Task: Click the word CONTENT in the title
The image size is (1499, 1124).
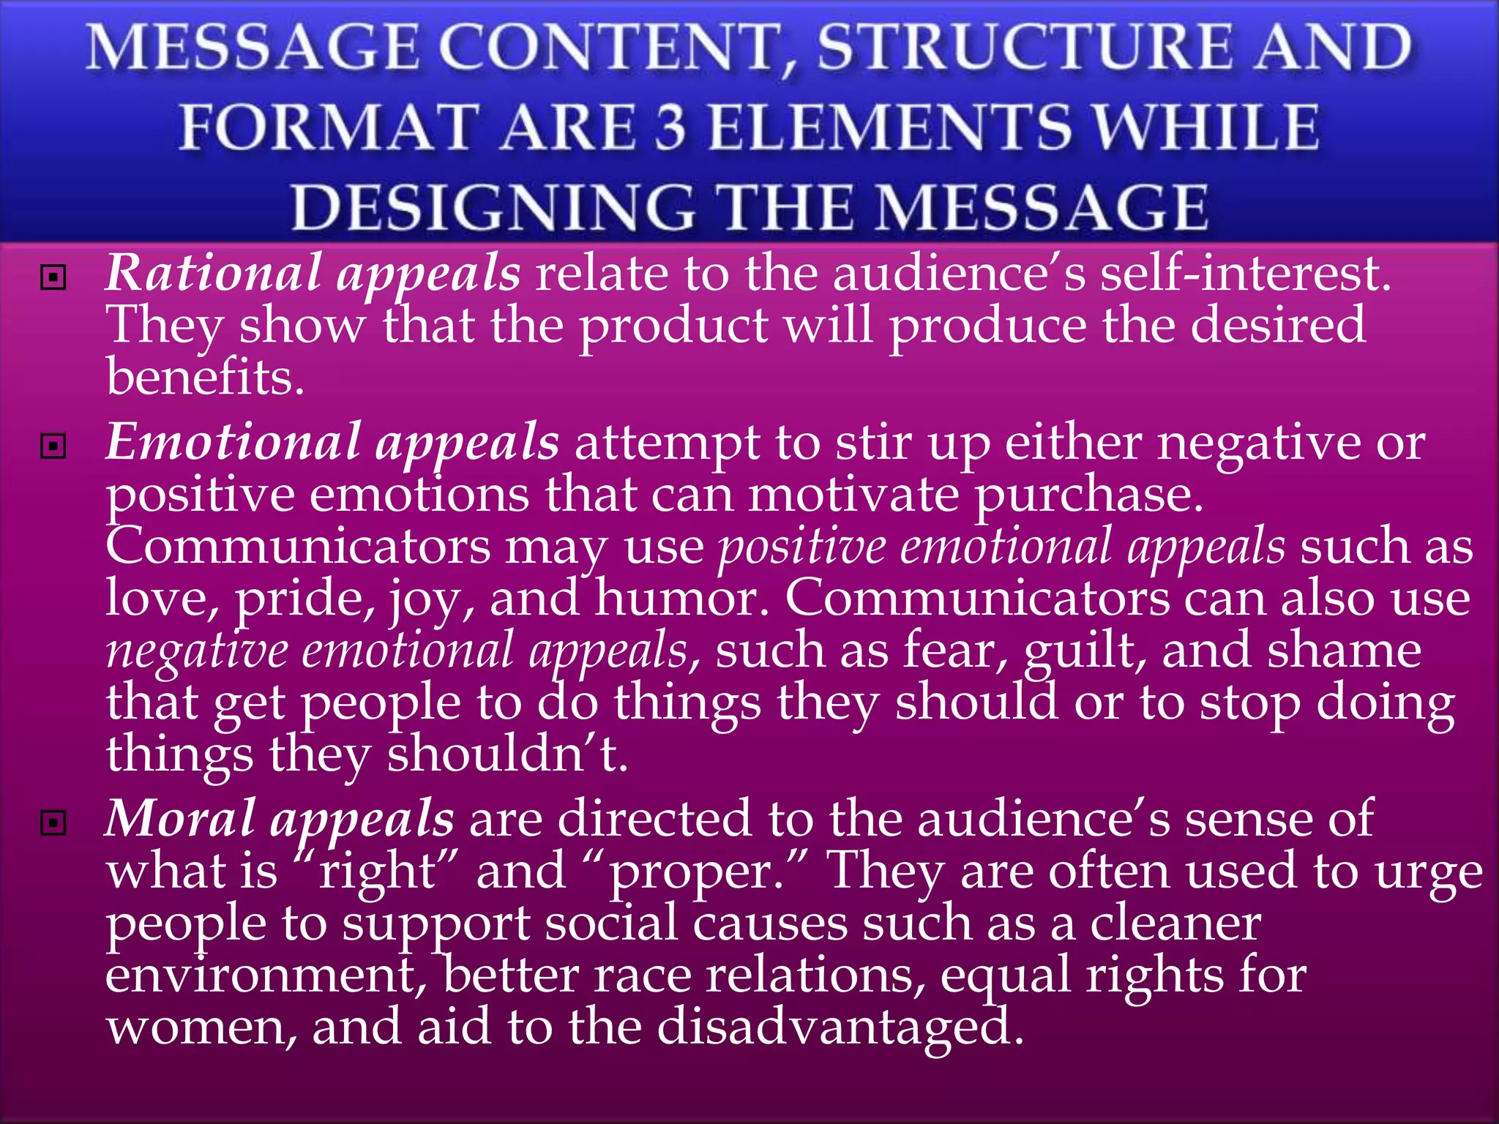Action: click(616, 48)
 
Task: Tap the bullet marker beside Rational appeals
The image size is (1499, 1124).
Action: click(53, 277)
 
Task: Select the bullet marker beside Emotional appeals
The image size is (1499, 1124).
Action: click(53, 446)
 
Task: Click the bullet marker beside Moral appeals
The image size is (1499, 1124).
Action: click(53, 823)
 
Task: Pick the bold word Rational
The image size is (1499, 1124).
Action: click(213, 273)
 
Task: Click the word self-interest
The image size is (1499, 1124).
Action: click(1244, 273)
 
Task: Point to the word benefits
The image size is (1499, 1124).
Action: click(204, 378)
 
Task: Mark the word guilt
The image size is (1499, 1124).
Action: click(1084, 651)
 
